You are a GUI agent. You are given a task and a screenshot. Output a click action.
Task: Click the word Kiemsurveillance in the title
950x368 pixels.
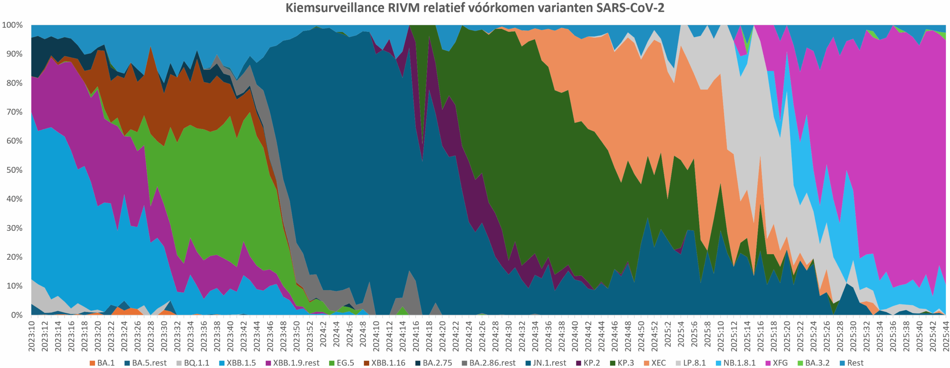(334, 8)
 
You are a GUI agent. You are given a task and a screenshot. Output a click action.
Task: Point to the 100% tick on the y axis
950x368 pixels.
(12, 25)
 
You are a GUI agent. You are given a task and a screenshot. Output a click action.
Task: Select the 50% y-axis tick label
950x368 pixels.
(14, 170)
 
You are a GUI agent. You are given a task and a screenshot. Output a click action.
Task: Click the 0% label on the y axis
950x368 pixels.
(16, 315)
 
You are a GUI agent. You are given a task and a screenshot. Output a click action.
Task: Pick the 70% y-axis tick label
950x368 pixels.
(14, 112)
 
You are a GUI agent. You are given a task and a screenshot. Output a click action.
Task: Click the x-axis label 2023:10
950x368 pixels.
(32, 336)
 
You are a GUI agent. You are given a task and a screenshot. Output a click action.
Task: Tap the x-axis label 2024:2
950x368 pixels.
(323, 334)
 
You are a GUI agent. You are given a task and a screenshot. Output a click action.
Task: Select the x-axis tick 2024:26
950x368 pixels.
(482, 336)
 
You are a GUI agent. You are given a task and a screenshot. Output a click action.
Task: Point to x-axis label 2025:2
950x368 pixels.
(668, 334)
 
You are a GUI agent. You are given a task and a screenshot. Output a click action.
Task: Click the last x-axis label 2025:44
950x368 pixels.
(946, 336)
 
